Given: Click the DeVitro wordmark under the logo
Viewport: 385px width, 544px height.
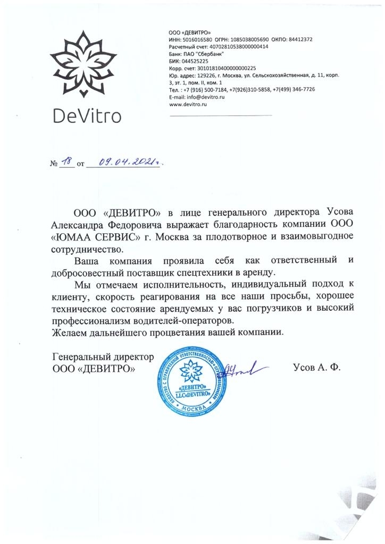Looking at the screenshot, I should pyautogui.click(x=87, y=115).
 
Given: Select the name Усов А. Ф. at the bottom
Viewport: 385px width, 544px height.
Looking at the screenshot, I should pyautogui.click(x=316, y=367).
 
